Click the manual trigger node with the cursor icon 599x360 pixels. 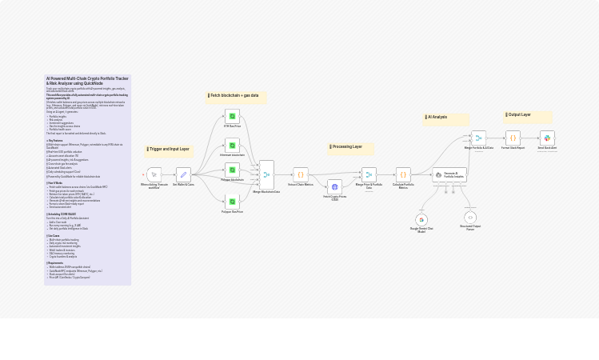tap(154, 174)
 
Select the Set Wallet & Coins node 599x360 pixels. tap(183, 174)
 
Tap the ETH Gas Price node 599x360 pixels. tap(232, 116)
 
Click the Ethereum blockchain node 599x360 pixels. tap(232, 145)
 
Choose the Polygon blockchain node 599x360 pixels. tap(232, 170)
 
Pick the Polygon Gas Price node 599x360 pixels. tap(232, 202)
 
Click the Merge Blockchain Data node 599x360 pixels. tap(266, 174)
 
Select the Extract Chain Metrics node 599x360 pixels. tap(300, 174)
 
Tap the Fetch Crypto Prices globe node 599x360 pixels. tap(334, 186)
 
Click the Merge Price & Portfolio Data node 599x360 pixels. tap(369, 174)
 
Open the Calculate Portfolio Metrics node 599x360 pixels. tap(403, 174)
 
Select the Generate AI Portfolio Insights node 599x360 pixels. tap(449, 174)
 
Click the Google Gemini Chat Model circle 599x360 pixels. tap(421, 219)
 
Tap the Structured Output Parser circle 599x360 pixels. tap(470, 218)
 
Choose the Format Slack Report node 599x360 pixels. tap(513, 138)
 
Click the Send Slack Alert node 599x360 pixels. tap(547, 138)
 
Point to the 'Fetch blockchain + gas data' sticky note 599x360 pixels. tap(234, 96)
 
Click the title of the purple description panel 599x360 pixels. tap(87, 81)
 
